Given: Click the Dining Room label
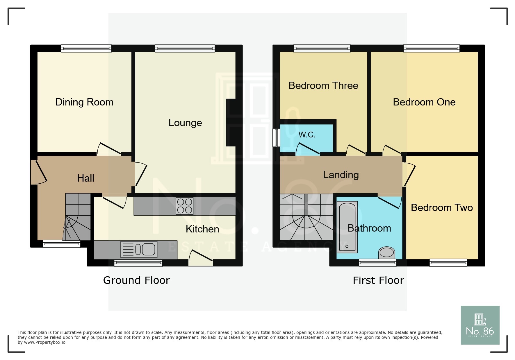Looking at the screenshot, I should (x=84, y=102).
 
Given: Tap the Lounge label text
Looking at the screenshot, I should (x=185, y=123).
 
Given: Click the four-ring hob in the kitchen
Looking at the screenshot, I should (x=184, y=206).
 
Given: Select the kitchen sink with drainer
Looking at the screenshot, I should (x=139, y=249).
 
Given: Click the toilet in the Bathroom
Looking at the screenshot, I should (x=386, y=252).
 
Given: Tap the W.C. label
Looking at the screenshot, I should (x=307, y=135).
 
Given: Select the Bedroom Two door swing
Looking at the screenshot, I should (x=409, y=174).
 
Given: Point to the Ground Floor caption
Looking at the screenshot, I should (x=136, y=280).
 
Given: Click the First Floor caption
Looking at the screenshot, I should (x=378, y=280).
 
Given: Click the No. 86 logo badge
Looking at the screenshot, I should (x=480, y=325).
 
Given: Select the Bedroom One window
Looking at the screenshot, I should (x=431, y=48).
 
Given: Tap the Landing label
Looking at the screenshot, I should (x=341, y=175).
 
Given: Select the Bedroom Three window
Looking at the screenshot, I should (x=322, y=48).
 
